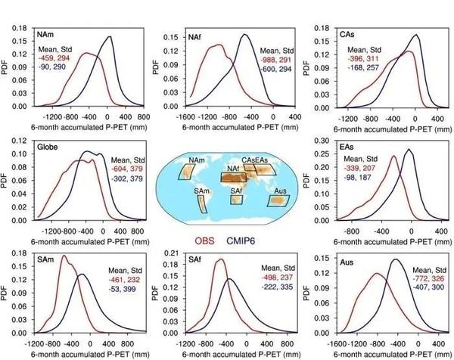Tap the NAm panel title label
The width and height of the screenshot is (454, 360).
tap(46, 36)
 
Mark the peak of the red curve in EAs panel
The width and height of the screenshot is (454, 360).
tap(393, 157)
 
